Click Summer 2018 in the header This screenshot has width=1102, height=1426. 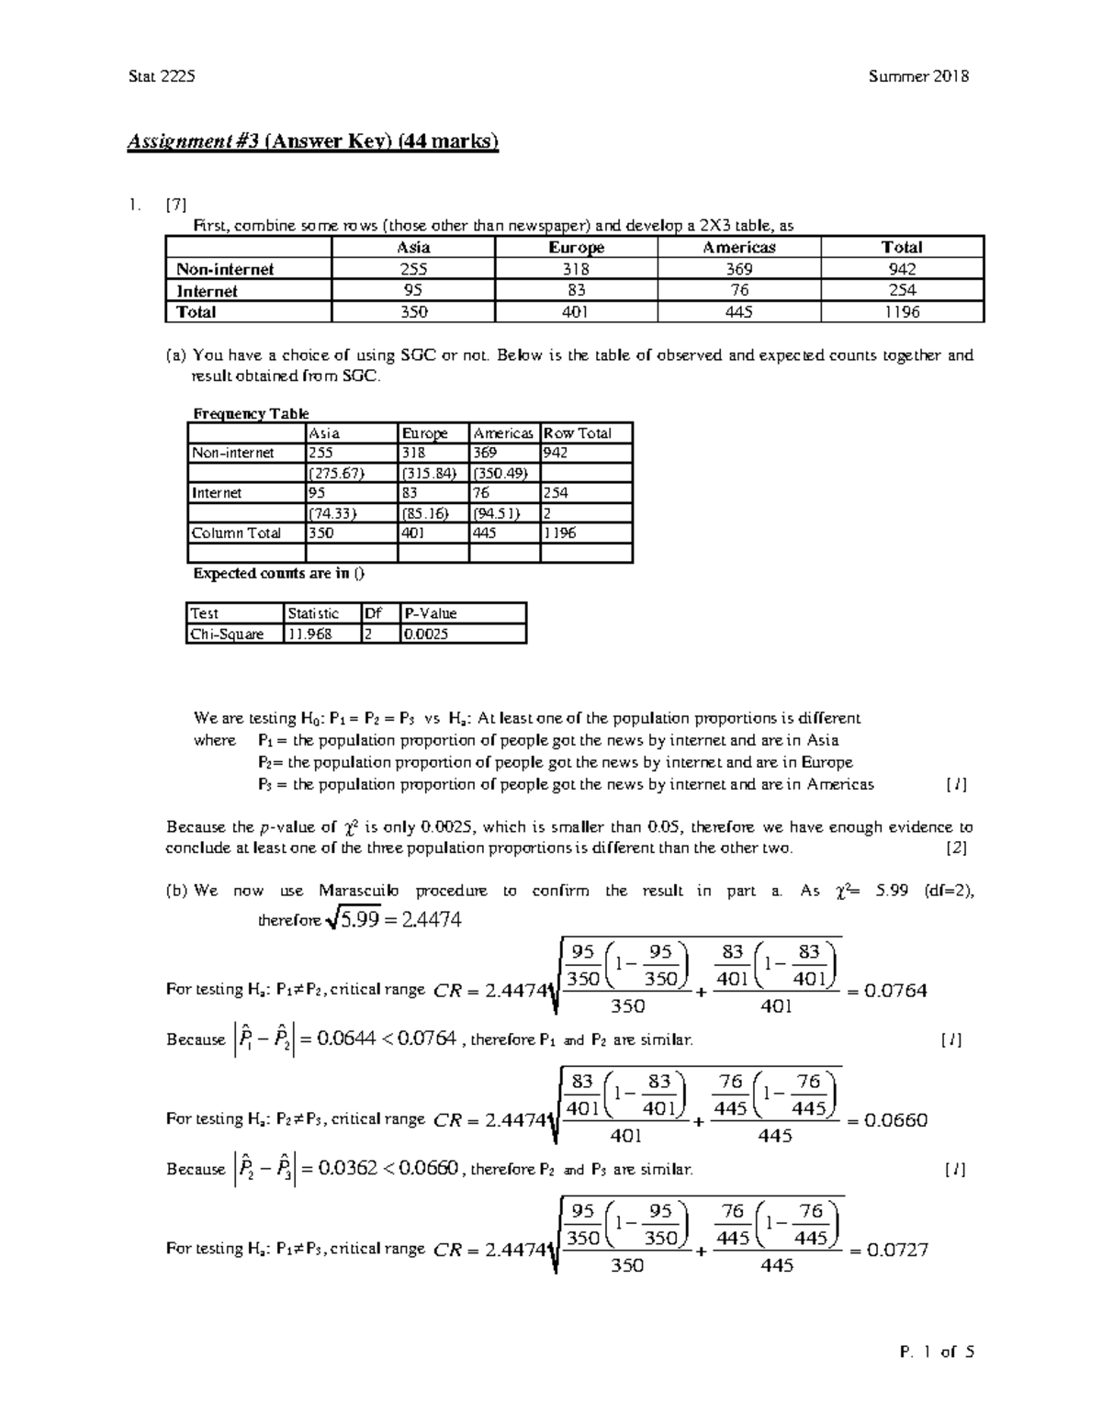point(918,76)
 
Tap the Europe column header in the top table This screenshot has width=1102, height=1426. point(576,247)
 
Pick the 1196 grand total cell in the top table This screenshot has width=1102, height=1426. point(902,312)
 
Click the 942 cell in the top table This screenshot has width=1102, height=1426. point(902,269)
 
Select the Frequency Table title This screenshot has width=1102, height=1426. point(250,413)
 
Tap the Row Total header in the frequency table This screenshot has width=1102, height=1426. point(578,433)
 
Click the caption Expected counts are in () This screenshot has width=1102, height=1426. point(278,574)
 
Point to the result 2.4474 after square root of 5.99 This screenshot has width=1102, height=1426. point(432,919)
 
